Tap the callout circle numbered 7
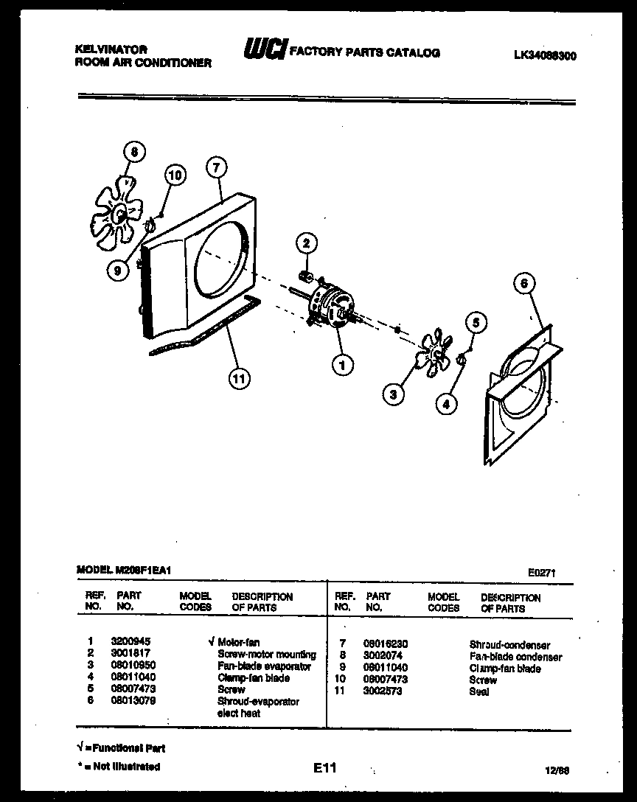pos(215,167)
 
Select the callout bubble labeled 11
pos(237,380)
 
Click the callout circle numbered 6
pos(523,284)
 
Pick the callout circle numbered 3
pos(394,394)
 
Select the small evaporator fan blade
pos(434,355)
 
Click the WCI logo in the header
pos(263,51)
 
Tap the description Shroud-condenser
pos(509,645)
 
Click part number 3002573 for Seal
pos(382,691)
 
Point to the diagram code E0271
pos(543,571)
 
